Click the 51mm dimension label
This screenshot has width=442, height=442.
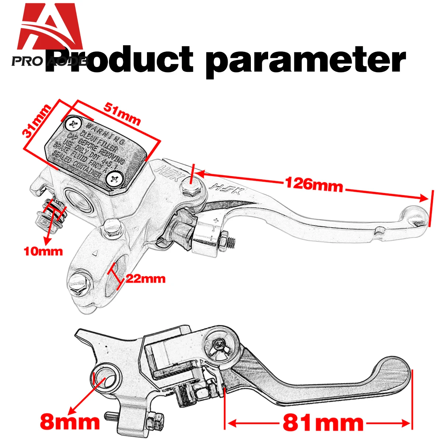[x=122, y=114]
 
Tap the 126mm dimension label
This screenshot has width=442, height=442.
[x=313, y=184]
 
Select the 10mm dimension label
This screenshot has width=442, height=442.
[x=43, y=252]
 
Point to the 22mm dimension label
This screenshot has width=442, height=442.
[x=145, y=278]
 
